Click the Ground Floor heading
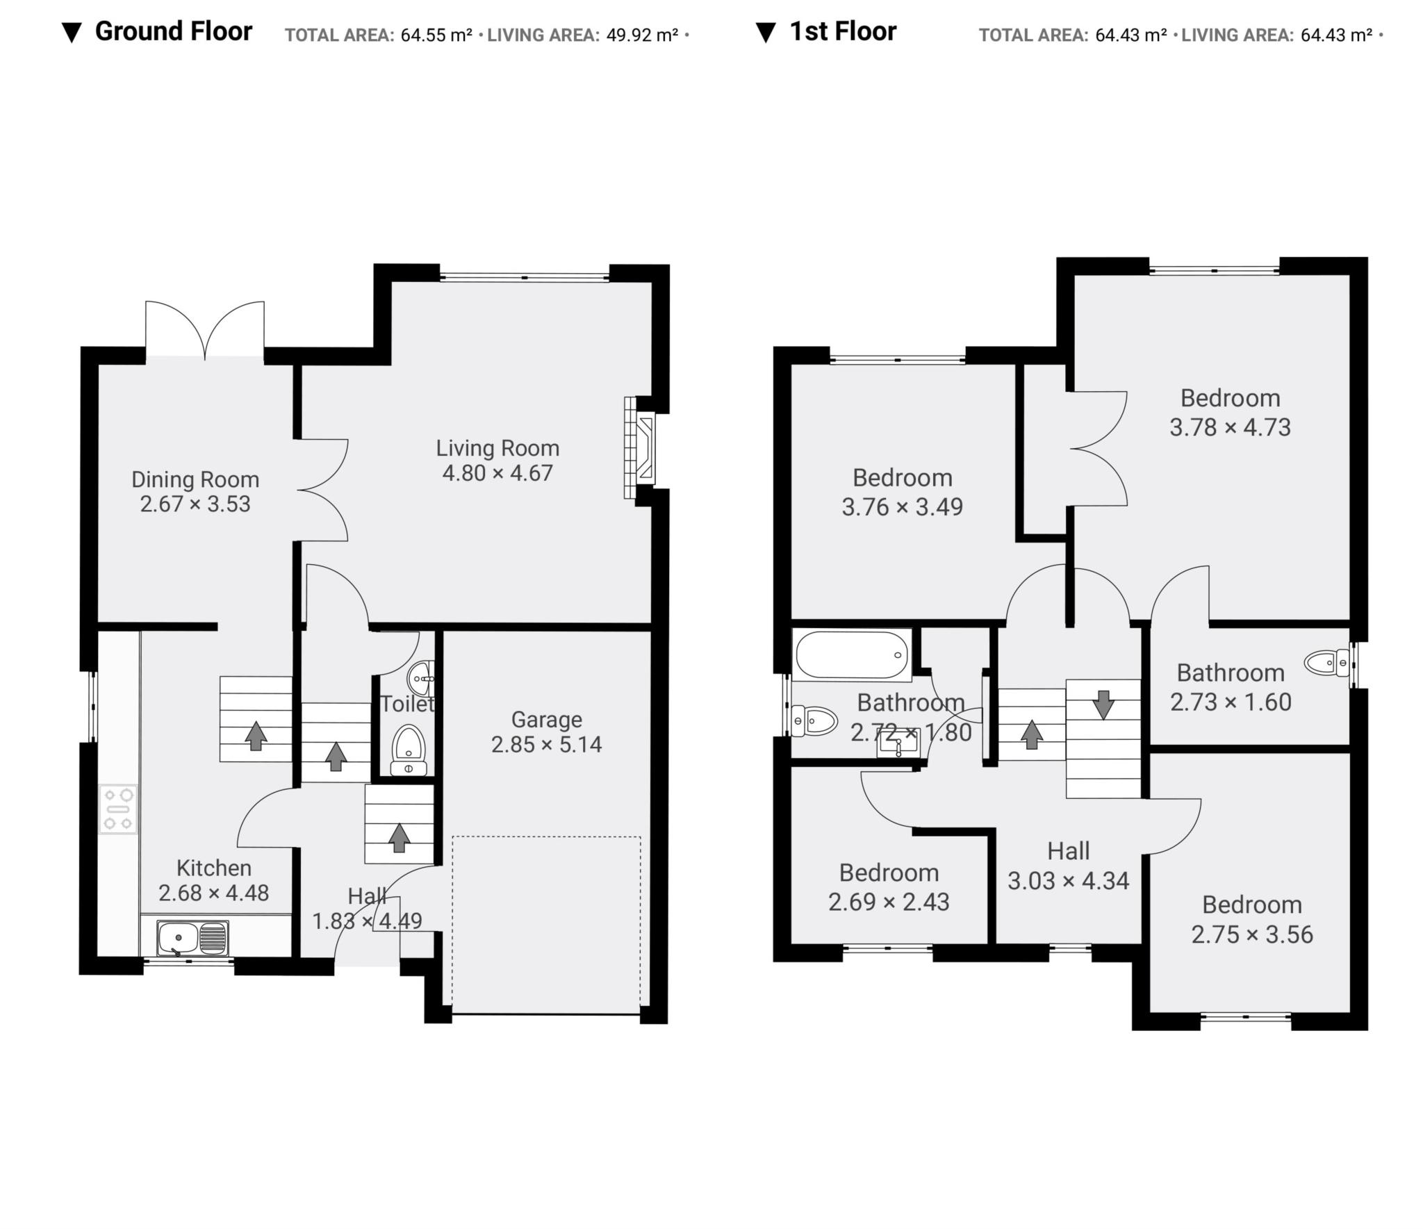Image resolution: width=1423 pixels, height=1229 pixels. pos(173,32)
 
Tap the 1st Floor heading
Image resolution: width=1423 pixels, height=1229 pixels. pos(843,32)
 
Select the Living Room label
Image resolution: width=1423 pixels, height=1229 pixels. pos(497,448)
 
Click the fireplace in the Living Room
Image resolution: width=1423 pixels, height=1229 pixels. pos(639,448)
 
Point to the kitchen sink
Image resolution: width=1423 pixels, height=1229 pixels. pos(192,938)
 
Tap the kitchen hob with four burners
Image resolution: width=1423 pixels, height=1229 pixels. pos(119,809)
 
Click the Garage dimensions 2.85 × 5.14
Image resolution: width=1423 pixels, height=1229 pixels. pos(546,745)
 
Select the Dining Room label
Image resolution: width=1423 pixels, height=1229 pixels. pos(195,479)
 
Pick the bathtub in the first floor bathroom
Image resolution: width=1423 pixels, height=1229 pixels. pos(852,654)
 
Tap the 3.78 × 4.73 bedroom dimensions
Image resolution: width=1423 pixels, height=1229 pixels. pos(1230,427)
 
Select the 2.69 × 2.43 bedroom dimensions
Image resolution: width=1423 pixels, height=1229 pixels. pos(889,902)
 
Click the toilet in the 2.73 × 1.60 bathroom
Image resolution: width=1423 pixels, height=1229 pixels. pos(1326,663)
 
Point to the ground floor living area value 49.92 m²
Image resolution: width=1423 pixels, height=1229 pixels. pos(642,35)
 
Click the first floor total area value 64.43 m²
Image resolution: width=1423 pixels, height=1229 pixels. pos(1130,35)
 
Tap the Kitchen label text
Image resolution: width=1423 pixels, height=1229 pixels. pos(213,868)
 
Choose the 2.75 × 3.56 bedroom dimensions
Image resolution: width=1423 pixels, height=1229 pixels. pos(1252,934)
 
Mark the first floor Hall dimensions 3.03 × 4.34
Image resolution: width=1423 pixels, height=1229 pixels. pos(1068,881)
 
